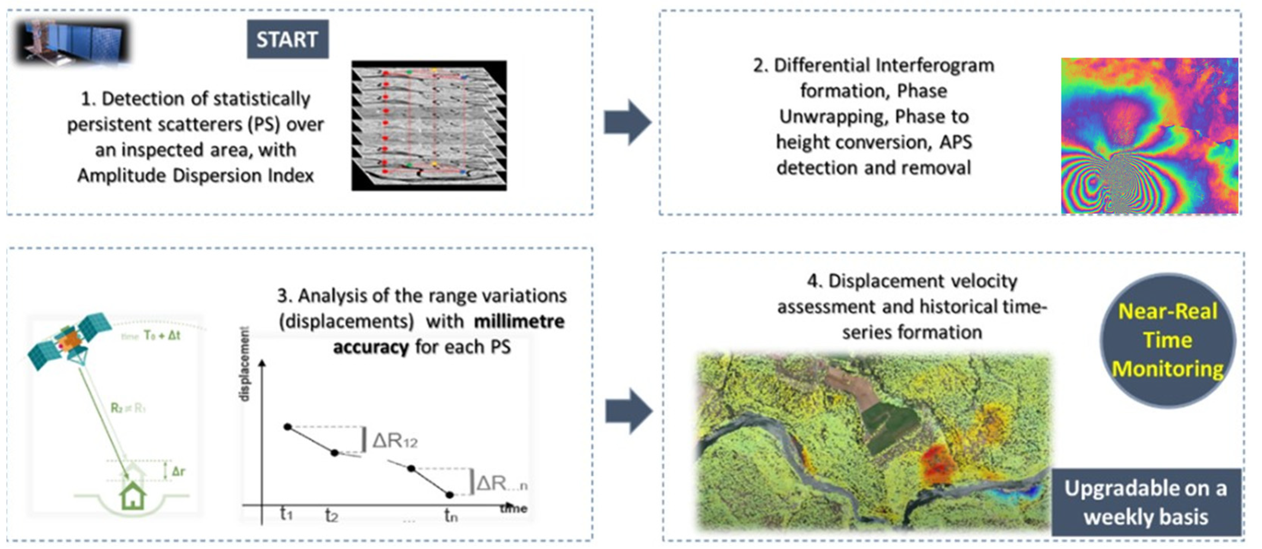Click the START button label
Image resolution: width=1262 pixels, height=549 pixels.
coord(288,39)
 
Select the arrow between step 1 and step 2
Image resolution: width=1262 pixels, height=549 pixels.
coord(627,122)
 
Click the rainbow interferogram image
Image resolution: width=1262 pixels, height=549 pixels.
coord(1149,136)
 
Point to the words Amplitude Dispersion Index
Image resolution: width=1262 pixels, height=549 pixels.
coord(195,175)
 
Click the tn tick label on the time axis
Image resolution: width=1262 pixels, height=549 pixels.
coord(451,515)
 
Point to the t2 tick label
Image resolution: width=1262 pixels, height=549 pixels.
coord(332,515)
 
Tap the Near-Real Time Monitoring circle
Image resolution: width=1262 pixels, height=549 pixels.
coord(1167,340)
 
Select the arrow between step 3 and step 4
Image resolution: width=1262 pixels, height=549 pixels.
coord(629,411)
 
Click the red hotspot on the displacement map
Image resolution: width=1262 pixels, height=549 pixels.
coord(936,463)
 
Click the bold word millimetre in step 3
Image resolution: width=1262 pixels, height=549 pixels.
coord(519,321)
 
